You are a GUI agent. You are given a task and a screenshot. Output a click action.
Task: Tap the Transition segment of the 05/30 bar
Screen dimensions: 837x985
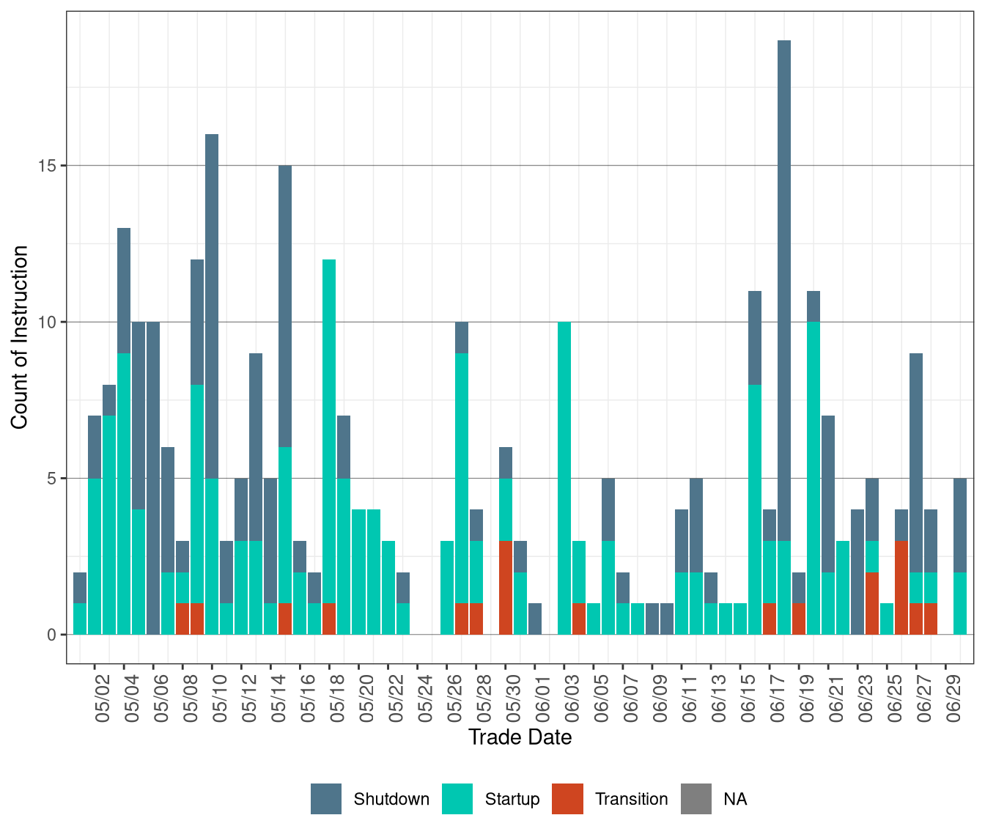(x=506, y=587)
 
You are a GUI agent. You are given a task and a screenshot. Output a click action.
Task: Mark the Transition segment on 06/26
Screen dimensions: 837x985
(x=901, y=587)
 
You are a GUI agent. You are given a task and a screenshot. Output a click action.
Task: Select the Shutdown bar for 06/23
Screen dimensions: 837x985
(x=857, y=572)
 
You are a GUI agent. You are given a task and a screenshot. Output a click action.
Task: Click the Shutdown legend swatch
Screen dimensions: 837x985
(x=326, y=799)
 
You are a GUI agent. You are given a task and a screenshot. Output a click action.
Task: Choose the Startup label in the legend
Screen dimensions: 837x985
(x=512, y=799)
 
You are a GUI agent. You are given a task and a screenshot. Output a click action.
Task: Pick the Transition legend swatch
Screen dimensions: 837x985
(x=568, y=799)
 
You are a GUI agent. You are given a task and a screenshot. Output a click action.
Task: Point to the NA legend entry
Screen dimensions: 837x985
(x=735, y=799)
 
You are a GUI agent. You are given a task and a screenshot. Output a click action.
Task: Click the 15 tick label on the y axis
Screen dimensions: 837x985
(x=47, y=166)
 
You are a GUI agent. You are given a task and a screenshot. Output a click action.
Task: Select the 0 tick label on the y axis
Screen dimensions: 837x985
(x=51, y=635)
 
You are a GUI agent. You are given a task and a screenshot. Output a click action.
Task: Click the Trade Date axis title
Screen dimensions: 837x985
(x=520, y=737)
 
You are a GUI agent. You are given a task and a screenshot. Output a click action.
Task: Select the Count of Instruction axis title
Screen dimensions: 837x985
(x=20, y=337)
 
